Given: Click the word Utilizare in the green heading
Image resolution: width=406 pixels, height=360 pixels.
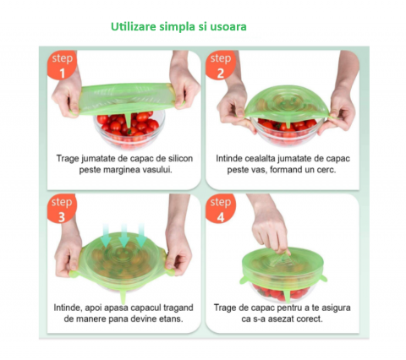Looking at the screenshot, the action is click(134, 26).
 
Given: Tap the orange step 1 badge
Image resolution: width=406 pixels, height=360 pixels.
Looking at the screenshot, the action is click(62, 65).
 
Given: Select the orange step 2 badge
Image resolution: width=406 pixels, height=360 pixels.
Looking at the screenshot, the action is click(220, 65).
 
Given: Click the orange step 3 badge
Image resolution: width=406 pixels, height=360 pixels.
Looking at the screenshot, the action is click(62, 209).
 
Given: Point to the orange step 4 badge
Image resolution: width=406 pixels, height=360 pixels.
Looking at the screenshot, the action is click(220, 209).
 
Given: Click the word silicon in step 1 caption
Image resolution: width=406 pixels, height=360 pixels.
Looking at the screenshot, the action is click(180, 158).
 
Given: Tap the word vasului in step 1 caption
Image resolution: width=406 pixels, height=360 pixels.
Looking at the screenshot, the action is click(156, 170).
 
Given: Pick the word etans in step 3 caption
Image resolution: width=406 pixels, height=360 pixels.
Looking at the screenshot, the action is click(171, 319).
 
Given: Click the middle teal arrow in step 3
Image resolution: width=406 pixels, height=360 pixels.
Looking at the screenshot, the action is click(123, 235).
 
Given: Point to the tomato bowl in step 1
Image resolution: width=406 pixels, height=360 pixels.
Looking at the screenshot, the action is click(129, 130).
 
